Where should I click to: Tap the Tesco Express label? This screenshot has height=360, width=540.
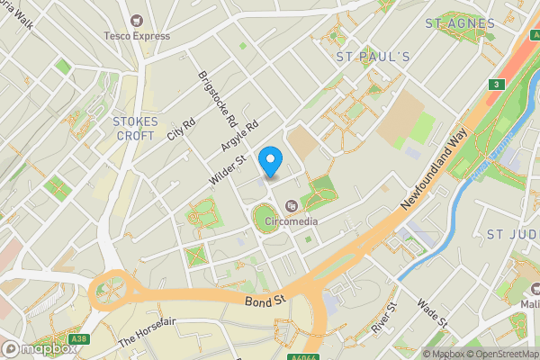coord(137,38)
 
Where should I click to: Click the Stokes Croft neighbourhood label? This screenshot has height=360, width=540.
coord(136,128)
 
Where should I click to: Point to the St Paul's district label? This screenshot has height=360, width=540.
coord(373,57)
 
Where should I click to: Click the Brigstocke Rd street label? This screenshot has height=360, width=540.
coord(218,99)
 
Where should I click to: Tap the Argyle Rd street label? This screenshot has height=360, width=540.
coord(239,135)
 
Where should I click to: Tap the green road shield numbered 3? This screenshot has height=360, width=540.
coord(495,85)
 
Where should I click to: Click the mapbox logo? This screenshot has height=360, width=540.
coord(39,349)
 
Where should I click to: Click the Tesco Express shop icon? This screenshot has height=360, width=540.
coord(137,20)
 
